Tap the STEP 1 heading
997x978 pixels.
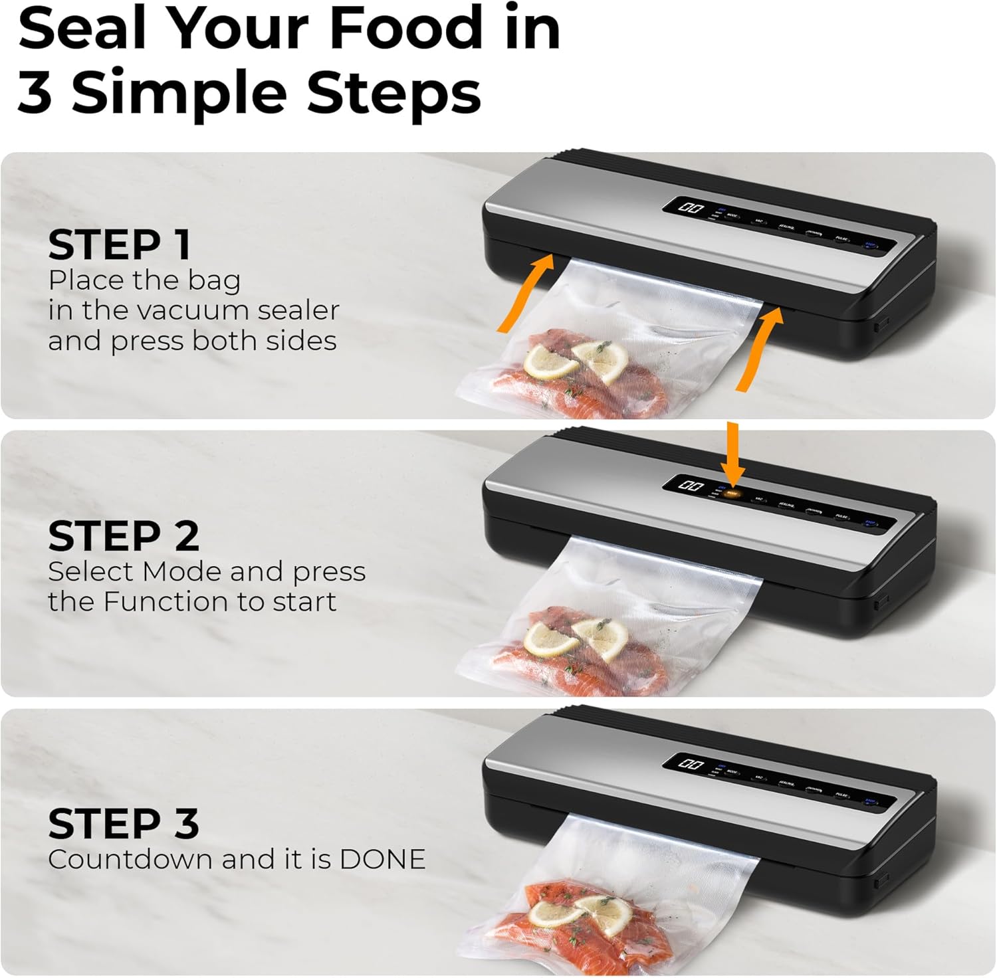coord(120,245)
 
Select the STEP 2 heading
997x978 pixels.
coord(124,536)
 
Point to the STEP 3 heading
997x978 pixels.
coord(124,824)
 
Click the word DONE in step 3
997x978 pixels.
coord(382,860)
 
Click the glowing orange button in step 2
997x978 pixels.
coord(732,493)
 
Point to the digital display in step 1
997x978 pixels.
coord(691,208)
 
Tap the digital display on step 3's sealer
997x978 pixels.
coord(691,763)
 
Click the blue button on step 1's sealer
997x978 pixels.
coord(870,244)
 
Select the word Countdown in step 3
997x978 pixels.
coord(130,860)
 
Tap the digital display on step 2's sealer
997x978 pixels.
coord(691,486)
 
